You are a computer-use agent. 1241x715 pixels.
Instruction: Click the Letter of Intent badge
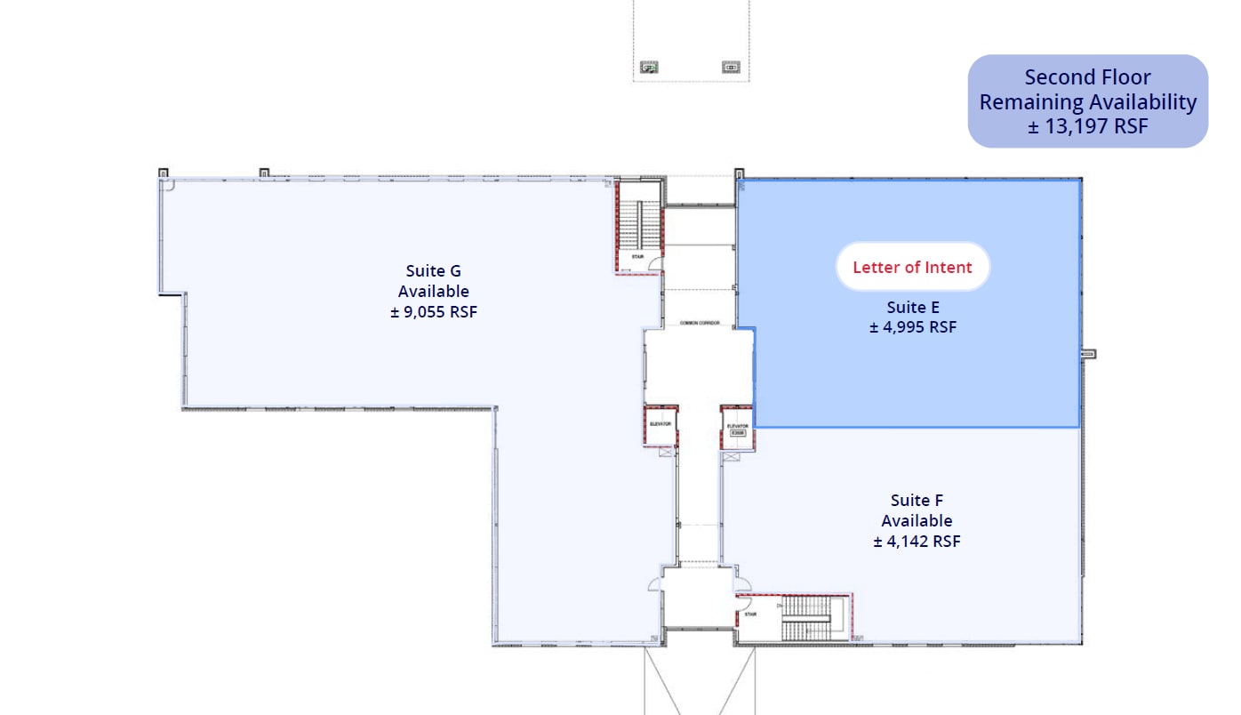912,267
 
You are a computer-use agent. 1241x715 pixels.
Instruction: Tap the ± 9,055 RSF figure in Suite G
433,312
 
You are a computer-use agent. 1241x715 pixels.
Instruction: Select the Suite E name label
912,308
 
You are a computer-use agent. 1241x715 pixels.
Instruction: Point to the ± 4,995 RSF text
912,326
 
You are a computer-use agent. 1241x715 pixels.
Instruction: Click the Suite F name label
917,501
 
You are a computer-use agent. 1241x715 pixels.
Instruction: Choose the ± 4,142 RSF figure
917,541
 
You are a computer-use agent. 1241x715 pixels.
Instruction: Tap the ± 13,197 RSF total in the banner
1087,126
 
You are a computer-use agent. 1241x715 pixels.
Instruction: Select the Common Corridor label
699,323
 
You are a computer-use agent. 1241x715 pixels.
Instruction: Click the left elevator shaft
661,426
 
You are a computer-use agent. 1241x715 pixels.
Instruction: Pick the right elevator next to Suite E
737,428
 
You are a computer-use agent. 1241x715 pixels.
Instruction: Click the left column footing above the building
649,67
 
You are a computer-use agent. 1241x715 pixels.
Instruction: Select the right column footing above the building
731,67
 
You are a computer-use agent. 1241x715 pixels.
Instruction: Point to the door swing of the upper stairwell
654,262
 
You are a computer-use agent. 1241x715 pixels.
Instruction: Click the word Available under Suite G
433,292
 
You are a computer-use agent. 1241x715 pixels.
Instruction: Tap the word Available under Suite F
917,521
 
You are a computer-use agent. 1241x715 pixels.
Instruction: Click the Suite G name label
433,271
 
